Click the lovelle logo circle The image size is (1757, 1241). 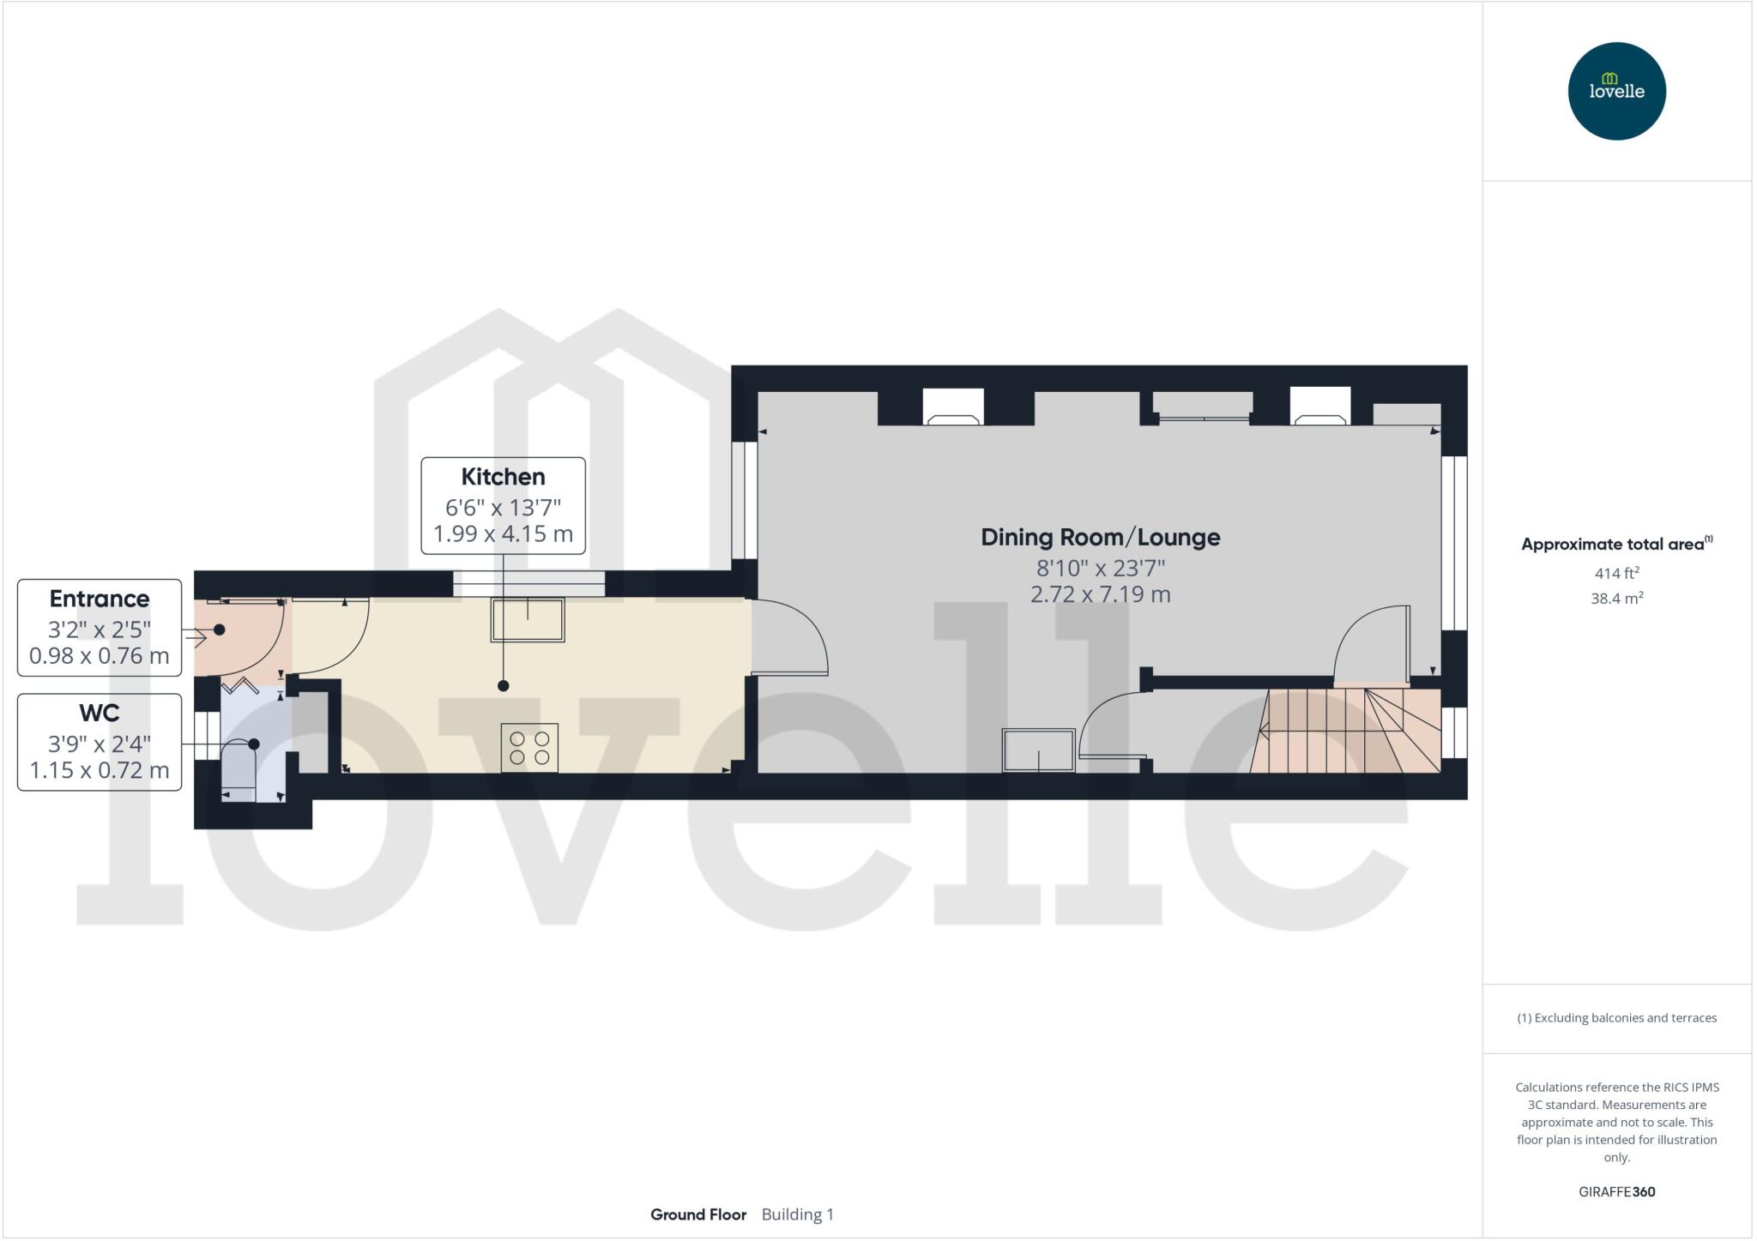[1616, 91]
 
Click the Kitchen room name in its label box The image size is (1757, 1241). [503, 477]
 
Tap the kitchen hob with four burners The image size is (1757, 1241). [529, 748]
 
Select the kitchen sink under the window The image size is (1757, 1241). [528, 619]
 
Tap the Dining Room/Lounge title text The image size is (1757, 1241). [1100, 538]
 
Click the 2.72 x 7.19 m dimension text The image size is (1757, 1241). [1100, 594]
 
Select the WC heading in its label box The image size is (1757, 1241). [100, 713]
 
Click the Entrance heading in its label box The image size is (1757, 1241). [100, 599]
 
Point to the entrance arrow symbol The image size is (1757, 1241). [196, 637]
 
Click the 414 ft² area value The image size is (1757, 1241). [1616, 573]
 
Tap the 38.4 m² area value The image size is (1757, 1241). [1616, 599]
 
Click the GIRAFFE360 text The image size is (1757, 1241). [1616, 1191]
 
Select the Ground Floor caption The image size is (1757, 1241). [698, 1214]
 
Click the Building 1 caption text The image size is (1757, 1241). [797, 1214]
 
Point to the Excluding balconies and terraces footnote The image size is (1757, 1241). [1616, 1018]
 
